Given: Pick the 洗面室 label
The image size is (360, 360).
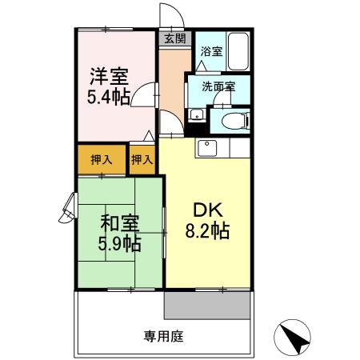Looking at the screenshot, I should point(218,87).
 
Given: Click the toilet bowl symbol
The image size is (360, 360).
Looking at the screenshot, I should point(231,120).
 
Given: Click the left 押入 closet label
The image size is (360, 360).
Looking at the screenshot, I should point(102,158).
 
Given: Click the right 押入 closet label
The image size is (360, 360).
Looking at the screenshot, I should point(142,158).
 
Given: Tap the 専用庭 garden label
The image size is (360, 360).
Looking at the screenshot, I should point(164,337).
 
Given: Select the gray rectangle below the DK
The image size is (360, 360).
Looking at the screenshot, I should point(209,306).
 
